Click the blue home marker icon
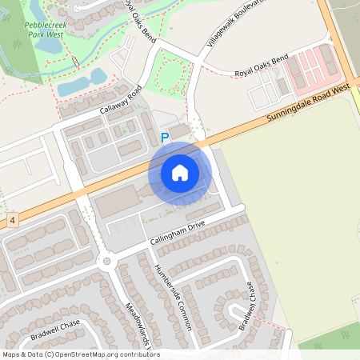[x=180, y=173]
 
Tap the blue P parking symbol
[x=165, y=138]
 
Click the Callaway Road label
[x=120, y=100]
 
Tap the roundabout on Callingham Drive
[x=104, y=261]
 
